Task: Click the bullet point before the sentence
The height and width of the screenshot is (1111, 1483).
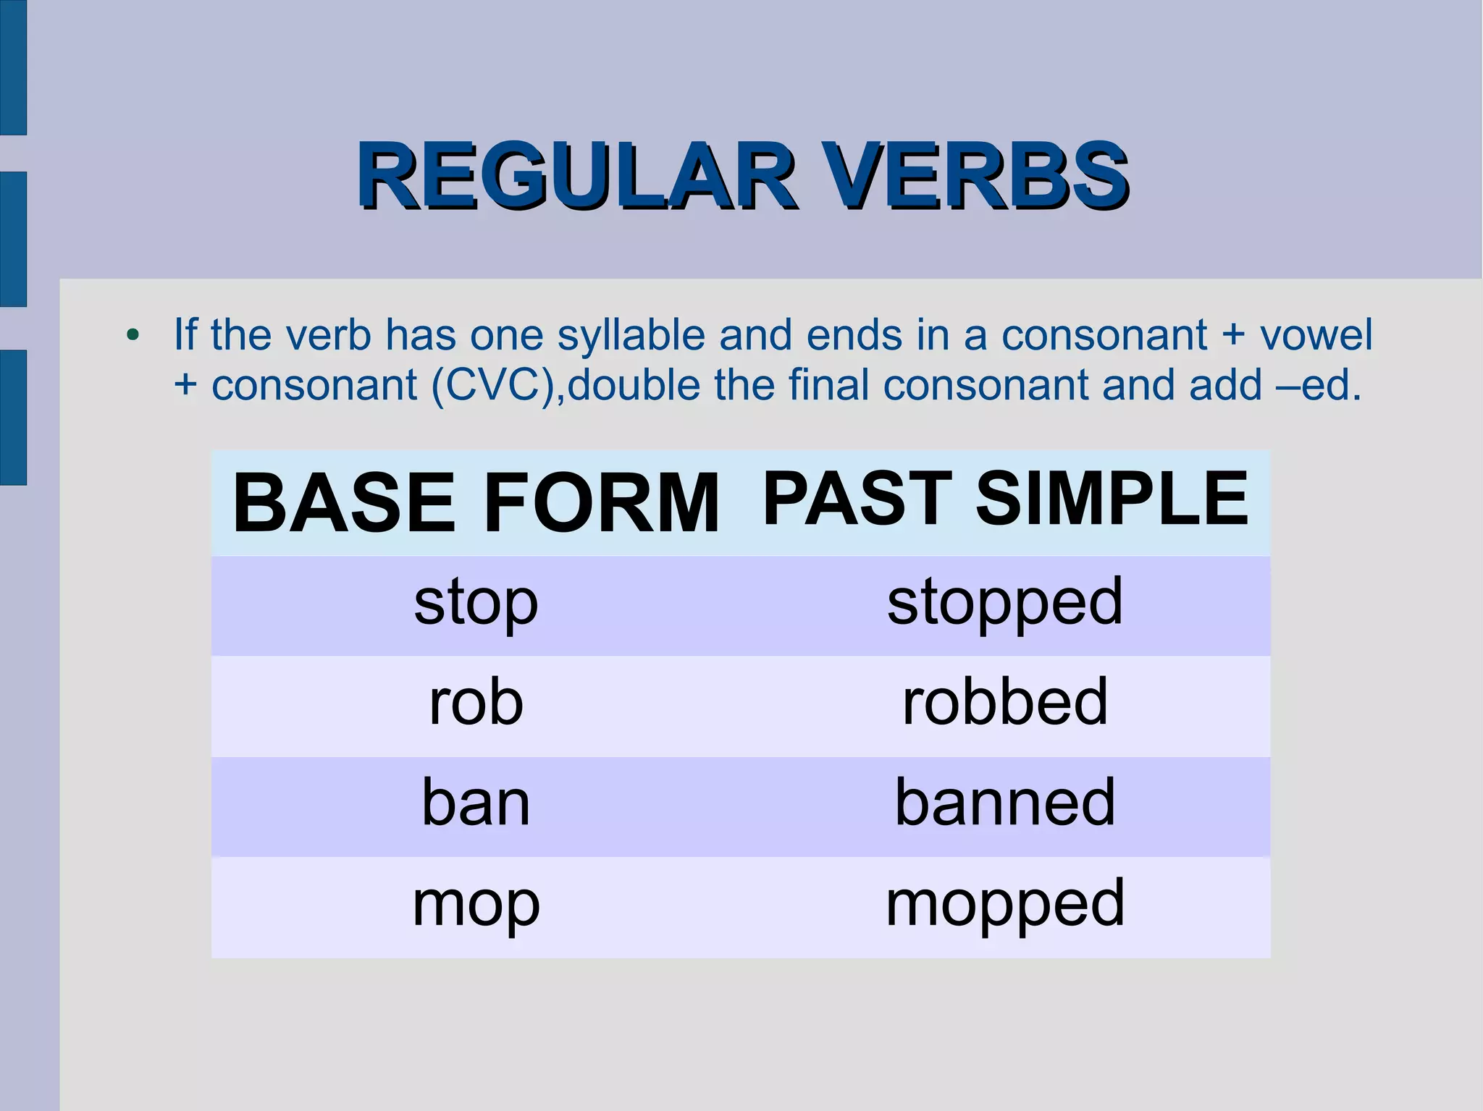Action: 132,336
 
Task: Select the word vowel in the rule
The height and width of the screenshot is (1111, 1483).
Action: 1316,336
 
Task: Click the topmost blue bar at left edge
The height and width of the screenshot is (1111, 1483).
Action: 13,67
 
